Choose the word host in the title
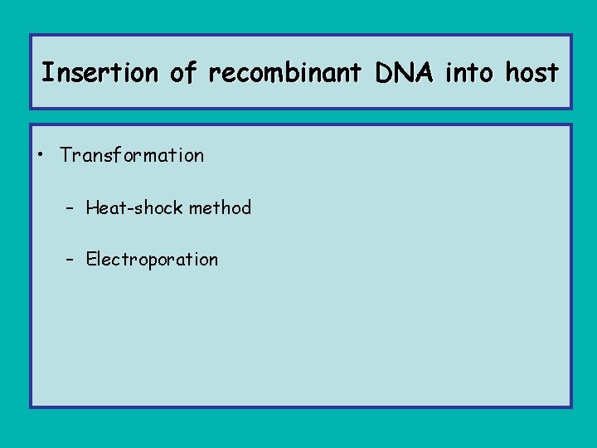click(532, 74)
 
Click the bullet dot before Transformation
click(41, 155)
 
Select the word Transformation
click(132, 155)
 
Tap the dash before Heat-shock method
click(72, 207)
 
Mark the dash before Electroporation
click(72, 259)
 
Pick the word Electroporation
click(152, 259)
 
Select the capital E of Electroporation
click(91, 259)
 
